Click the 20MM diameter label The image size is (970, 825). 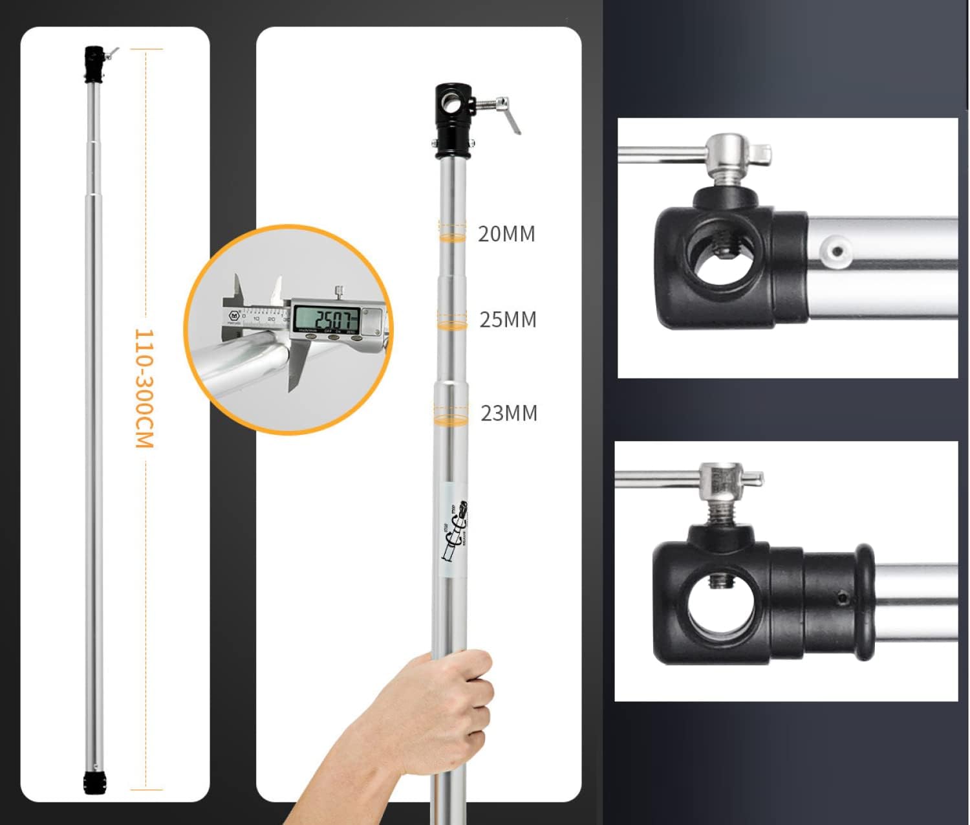click(506, 234)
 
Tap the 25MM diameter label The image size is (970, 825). click(508, 320)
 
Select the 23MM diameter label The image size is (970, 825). click(509, 413)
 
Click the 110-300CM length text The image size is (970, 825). click(144, 388)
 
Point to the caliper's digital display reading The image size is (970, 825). click(327, 319)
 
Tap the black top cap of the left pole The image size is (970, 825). click(94, 64)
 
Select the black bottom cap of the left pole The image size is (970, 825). click(94, 782)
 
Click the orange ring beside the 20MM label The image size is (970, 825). click(452, 237)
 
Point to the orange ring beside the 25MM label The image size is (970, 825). click(452, 324)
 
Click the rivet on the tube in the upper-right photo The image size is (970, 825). click(835, 250)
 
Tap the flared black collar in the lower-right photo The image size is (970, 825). click(864, 602)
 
